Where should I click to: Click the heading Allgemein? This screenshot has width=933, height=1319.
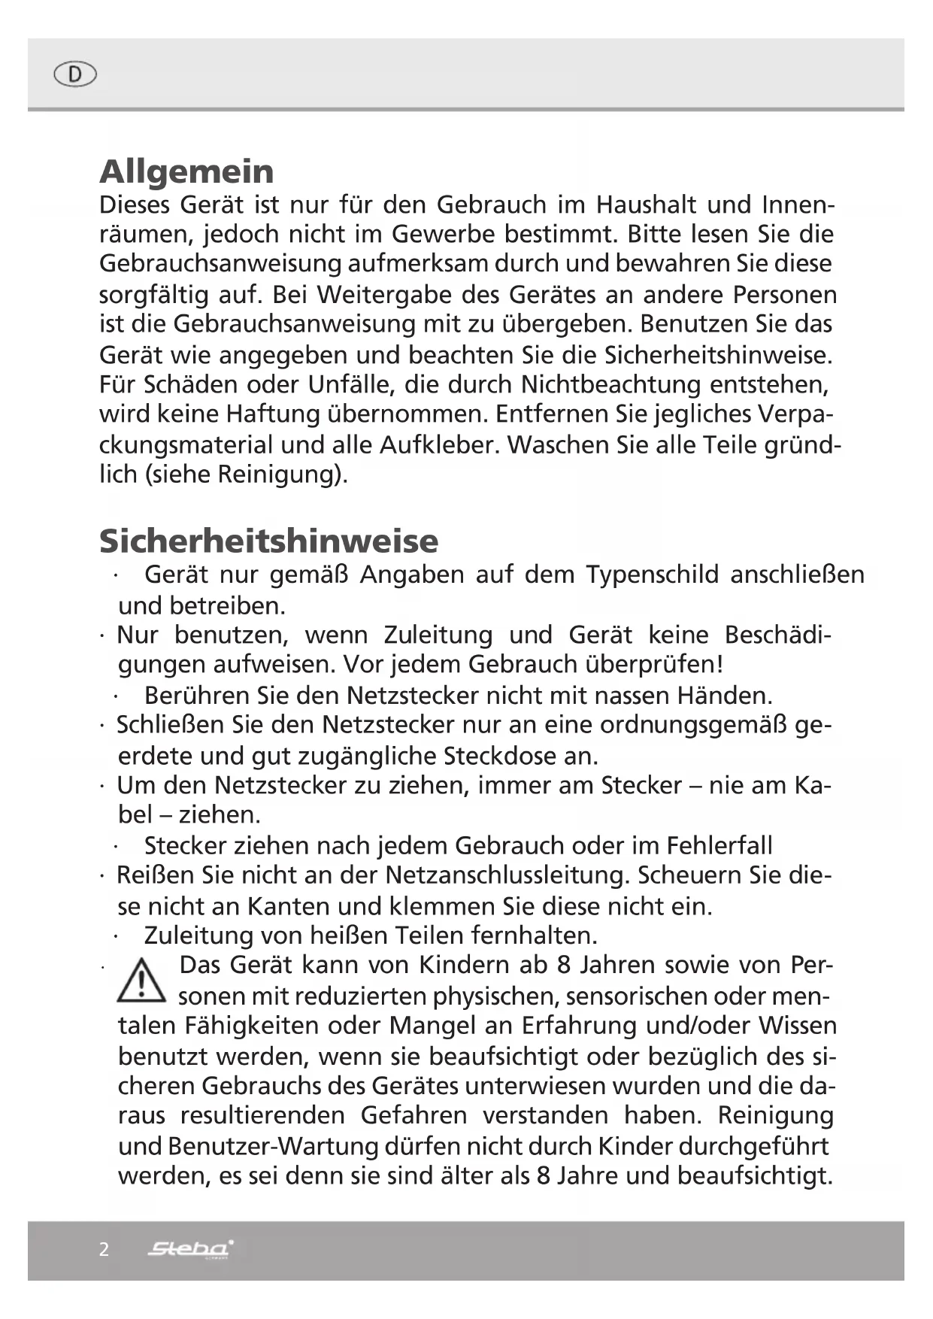[x=186, y=171]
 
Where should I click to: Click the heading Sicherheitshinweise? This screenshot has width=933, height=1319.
[x=268, y=541]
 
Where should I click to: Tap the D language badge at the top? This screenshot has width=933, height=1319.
[x=75, y=74]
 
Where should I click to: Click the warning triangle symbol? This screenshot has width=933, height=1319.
[x=141, y=983]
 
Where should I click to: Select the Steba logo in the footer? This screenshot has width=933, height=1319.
[x=191, y=1249]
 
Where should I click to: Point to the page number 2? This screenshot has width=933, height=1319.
[x=104, y=1249]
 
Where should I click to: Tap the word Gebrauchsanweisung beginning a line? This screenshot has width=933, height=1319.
[x=220, y=264]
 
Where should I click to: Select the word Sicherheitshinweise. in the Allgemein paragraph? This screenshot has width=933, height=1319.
[x=719, y=354]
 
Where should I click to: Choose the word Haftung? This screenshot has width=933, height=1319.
[x=273, y=414]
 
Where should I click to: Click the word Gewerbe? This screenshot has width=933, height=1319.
[x=443, y=234]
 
